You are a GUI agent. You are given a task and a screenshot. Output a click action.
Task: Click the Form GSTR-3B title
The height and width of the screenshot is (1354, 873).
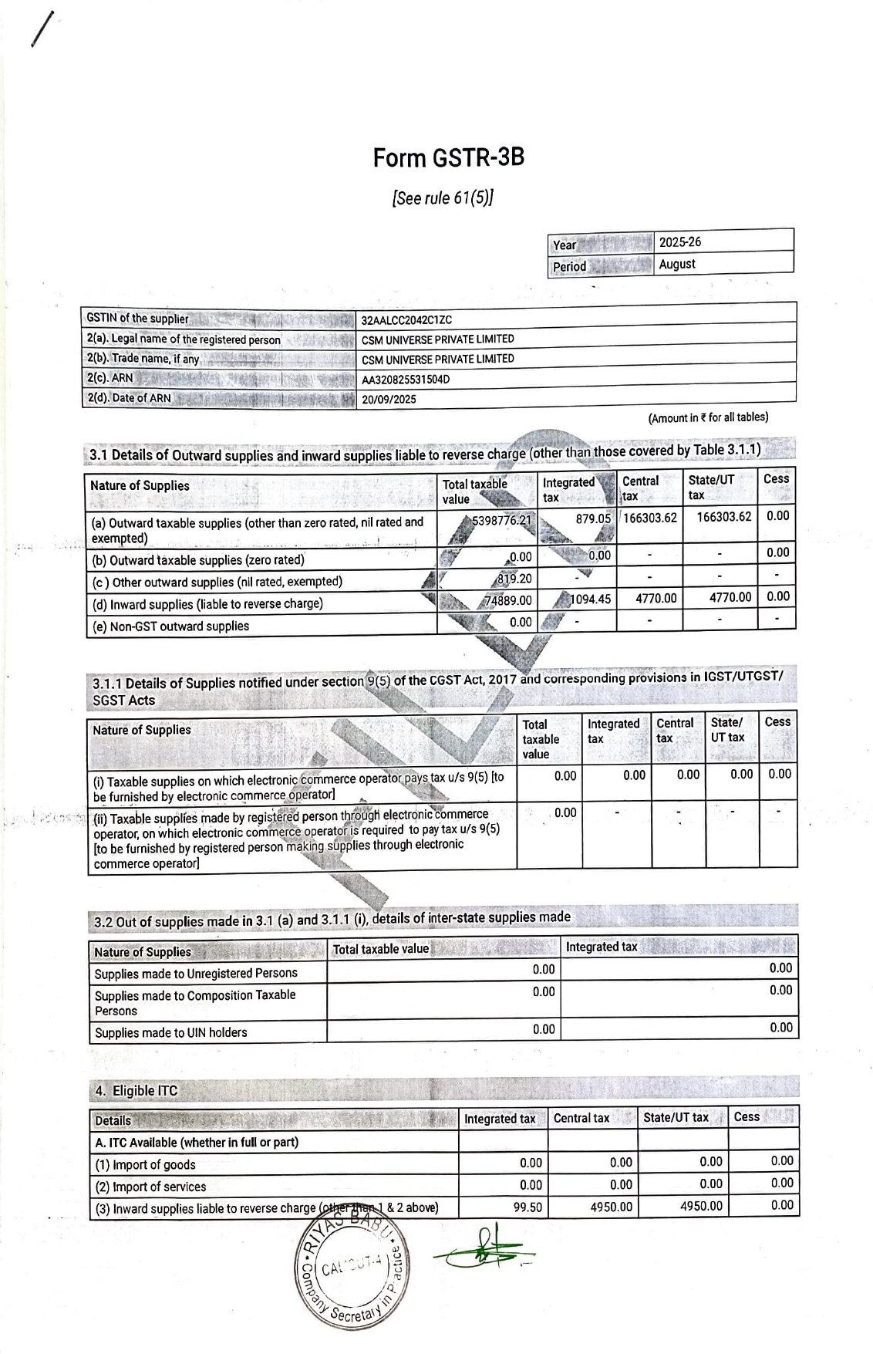pyautogui.click(x=448, y=158)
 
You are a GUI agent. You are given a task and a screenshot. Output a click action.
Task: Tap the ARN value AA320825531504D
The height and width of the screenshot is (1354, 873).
pyautogui.click(x=406, y=380)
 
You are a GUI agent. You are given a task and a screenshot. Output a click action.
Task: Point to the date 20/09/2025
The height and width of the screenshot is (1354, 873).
pyautogui.click(x=389, y=400)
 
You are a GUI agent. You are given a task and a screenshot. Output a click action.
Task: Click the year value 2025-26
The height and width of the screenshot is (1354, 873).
pyautogui.click(x=679, y=242)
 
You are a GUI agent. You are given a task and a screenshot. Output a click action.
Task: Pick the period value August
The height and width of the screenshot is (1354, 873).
pyautogui.click(x=676, y=264)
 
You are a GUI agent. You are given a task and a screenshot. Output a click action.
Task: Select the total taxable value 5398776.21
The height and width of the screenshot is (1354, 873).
pyautogui.click(x=501, y=521)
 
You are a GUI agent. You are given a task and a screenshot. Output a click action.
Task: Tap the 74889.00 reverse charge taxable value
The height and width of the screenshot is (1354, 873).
pyautogui.click(x=508, y=600)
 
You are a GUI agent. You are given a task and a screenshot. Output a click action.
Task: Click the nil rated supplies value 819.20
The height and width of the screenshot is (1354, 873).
pyautogui.click(x=515, y=579)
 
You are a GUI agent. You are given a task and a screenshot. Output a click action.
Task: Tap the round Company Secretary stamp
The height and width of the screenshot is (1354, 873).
pyautogui.click(x=352, y=1272)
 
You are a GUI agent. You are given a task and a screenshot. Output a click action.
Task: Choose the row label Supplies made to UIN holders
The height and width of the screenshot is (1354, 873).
pyautogui.click(x=170, y=1032)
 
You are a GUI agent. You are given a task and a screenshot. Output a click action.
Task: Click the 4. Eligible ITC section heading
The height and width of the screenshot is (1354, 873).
pyautogui.click(x=136, y=1091)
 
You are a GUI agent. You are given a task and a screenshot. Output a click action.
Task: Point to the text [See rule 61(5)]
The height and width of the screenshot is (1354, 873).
pyautogui.click(x=443, y=198)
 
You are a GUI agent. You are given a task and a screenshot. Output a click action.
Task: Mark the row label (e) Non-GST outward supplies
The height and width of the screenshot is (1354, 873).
pyautogui.click(x=170, y=626)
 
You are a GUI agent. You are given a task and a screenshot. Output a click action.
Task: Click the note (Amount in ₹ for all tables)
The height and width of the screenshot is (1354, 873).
pyautogui.click(x=707, y=418)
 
